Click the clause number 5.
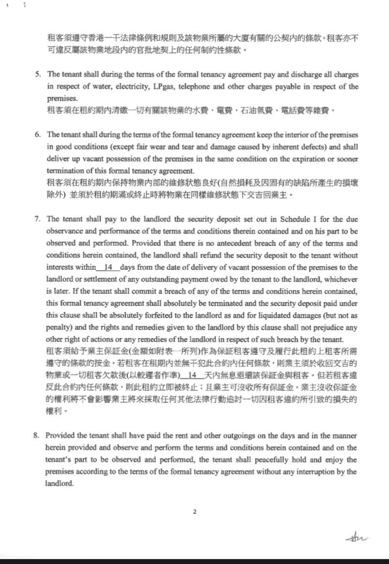pyautogui.click(x=38, y=75)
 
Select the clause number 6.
pyautogui.click(x=38, y=134)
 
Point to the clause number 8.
pyautogui.click(x=38, y=435)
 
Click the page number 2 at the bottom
pyautogui.click(x=194, y=512)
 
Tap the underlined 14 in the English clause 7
pyautogui.click(x=109, y=268)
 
